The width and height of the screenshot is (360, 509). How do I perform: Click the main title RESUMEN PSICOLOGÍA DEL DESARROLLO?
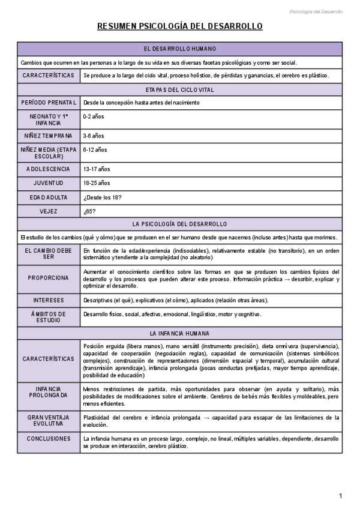pyautogui.click(x=180, y=27)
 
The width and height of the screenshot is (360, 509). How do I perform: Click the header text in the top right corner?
pyautogui.click(x=316, y=11)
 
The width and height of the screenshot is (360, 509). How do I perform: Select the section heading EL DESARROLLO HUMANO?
pyautogui.click(x=180, y=49)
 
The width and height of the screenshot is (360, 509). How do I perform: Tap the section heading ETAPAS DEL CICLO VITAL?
pyautogui.click(x=180, y=89)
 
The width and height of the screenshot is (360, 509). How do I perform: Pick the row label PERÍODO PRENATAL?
pyautogui.click(x=49, y=103)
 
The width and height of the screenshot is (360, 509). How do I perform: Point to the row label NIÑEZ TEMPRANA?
pyautogui.click(x=49, y=136)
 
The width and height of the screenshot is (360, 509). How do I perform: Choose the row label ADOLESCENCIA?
pyautogui.click(x=49, y=169)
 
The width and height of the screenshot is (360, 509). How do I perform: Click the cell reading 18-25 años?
pyautogui.click(x=97, y=183)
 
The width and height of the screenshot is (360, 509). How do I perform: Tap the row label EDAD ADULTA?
pyautogui.click(x=49, y=197)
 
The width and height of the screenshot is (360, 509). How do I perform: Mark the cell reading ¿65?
pyautogui.click(x=90, y=211)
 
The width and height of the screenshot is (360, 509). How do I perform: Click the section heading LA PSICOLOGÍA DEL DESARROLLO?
pyautogui.click(x=180, y=224)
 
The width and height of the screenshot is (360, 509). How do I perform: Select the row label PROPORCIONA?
pyautogui.click(x=49, y=278)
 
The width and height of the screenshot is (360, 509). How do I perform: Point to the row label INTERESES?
pyautogui.click(x=49, y=300)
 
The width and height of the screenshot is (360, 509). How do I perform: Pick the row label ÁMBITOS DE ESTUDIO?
pyautogui.click(x=49, y=317)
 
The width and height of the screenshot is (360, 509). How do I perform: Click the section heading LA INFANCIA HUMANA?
pyautogui.click(x=180, y=333)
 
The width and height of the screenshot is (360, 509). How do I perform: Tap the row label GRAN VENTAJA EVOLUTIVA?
pyautogui.click(x=49, y=420)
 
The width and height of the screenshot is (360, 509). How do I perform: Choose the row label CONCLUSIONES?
pyautogui.click(x=49, y=439)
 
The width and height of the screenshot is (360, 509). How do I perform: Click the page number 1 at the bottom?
pyautogui.click(x=340, y=496)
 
